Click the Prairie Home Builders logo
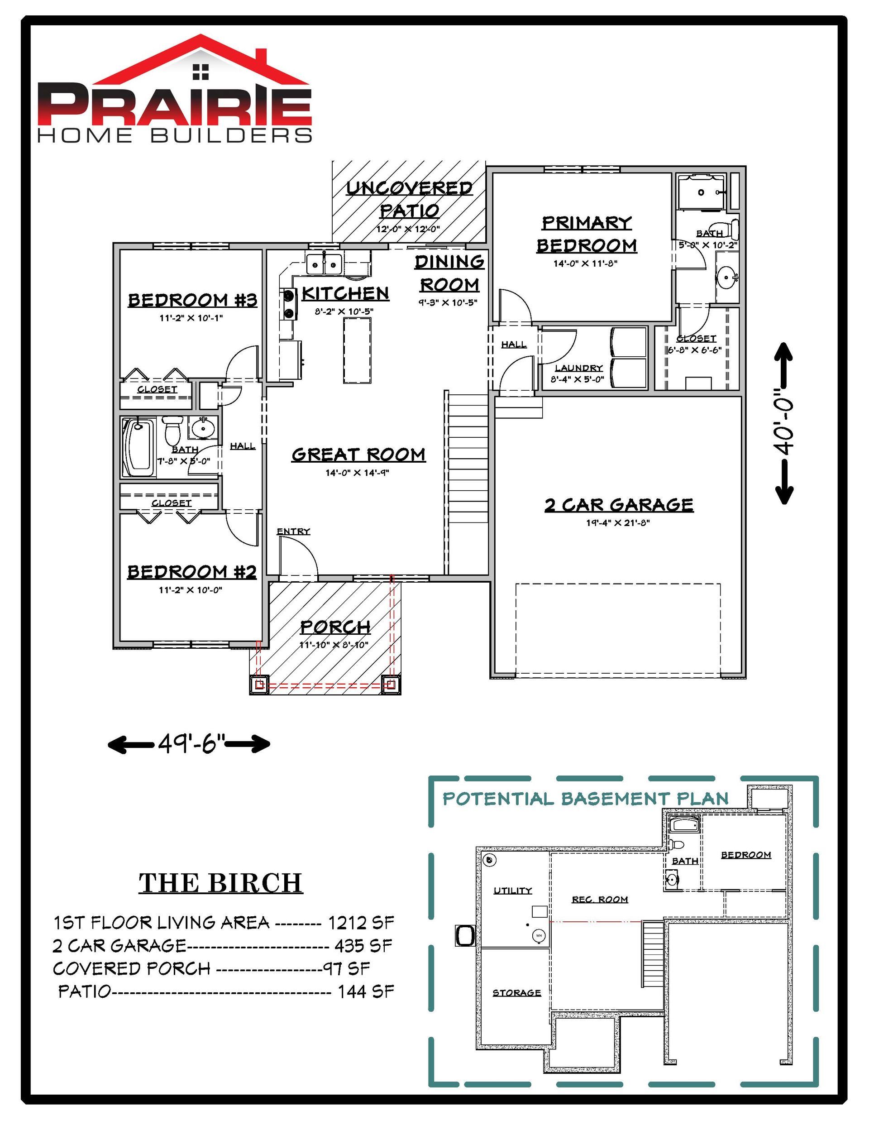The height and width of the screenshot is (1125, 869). click(x=175, y=88)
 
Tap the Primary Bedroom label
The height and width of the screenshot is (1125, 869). click(x=587, y=234)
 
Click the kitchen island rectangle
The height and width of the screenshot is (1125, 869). click(x=357, y=350)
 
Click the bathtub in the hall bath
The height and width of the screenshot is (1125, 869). click(x=138, y=448)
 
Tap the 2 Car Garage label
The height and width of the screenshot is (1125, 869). click(x=619, y=504)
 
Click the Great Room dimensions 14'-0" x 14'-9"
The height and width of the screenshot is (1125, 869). click(x=357, y=472)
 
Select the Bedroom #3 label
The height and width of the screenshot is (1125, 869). click(x=192, y=300)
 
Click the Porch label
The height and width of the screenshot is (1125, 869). click(x=335, y=627)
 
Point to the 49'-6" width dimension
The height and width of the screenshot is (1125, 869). click(x=189, y=743)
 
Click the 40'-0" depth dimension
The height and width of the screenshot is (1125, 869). click(x=785, y=423)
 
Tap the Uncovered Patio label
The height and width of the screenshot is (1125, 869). click(x=410, y=199)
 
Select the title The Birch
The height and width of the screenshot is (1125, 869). click(x=220, y=883)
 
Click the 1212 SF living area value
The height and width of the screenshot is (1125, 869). click(x=361, y=922)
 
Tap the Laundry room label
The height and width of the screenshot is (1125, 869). click(x=578, y=368)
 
